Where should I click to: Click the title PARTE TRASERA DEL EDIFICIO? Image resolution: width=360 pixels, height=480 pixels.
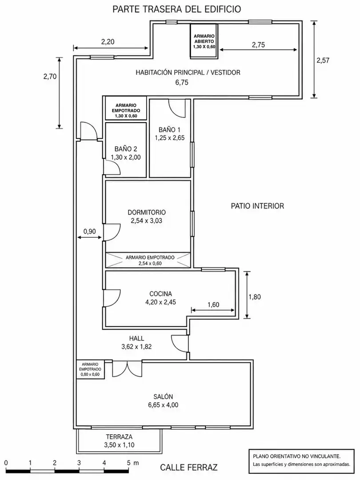pyautogui.click(x=176, y=9)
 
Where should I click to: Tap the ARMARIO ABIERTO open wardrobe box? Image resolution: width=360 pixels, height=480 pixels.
pyautogui.click(x=204, y=41)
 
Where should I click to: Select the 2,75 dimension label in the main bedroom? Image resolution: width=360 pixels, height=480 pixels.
pyautogui.click(x=258, y=45)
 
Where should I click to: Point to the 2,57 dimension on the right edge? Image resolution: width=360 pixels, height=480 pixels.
pyautogui.click(x=323, y=60)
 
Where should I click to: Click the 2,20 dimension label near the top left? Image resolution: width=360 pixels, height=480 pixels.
pyautogui.click(x=108, y=42)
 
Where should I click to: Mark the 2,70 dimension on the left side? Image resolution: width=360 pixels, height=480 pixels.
pyautogui.click(x=50, y=76)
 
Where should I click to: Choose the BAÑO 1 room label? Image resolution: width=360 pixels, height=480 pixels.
pyautogui.click(x=170, y=129)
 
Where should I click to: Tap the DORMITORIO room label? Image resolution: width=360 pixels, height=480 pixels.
pyautogui.click(x=147, y=212)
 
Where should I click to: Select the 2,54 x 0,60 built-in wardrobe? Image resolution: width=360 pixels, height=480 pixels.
pyautogui.click(x=148, y=260)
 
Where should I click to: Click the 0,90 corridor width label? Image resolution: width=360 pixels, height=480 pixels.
pyautogui.click(x=89, y=232)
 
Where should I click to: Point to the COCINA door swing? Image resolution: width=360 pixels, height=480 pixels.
pyautogui.click(x=112, y=298)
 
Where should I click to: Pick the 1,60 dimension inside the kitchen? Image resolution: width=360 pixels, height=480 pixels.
pyautogui.click(x=213, y=304)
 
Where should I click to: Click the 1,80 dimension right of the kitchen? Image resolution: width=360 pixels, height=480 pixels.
pyautogui.click(x=255, y=296)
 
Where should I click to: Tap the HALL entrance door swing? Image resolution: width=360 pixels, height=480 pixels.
pyautogui.click(x=180, y=344)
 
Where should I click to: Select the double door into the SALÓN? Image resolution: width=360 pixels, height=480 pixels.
pyautogui.click(x=127, y=368)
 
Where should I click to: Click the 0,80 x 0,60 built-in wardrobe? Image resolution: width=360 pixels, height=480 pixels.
pyautogui.click(x=90, y=369)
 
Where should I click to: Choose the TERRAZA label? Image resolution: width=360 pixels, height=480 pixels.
pyautogui.click(x=119, y=437)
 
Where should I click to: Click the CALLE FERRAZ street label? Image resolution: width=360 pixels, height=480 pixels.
pyautogui.click(x=189, y=468)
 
